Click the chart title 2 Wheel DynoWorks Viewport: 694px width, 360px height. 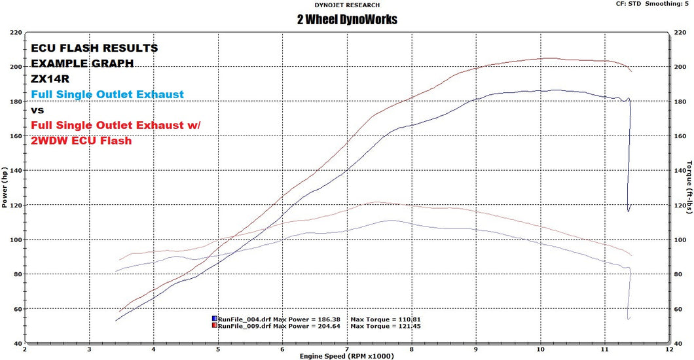click(x=346, y=20)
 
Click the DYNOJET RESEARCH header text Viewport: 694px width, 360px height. click(x=346, y=5)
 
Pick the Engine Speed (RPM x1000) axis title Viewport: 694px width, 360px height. click(x=346, y=356)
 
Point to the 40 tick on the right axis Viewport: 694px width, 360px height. click(x=680, y=344)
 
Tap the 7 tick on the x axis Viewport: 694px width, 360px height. click(x=346, y=350)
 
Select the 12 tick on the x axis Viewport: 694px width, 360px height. click(x=668, y=350)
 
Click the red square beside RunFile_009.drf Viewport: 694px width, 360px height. click(x=214, y=325)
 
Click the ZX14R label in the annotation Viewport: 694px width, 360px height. click(x=46, y=79)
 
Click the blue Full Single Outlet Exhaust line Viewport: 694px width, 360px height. click(x=107, y=94)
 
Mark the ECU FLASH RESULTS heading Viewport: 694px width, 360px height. click(x=94, y=48)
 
